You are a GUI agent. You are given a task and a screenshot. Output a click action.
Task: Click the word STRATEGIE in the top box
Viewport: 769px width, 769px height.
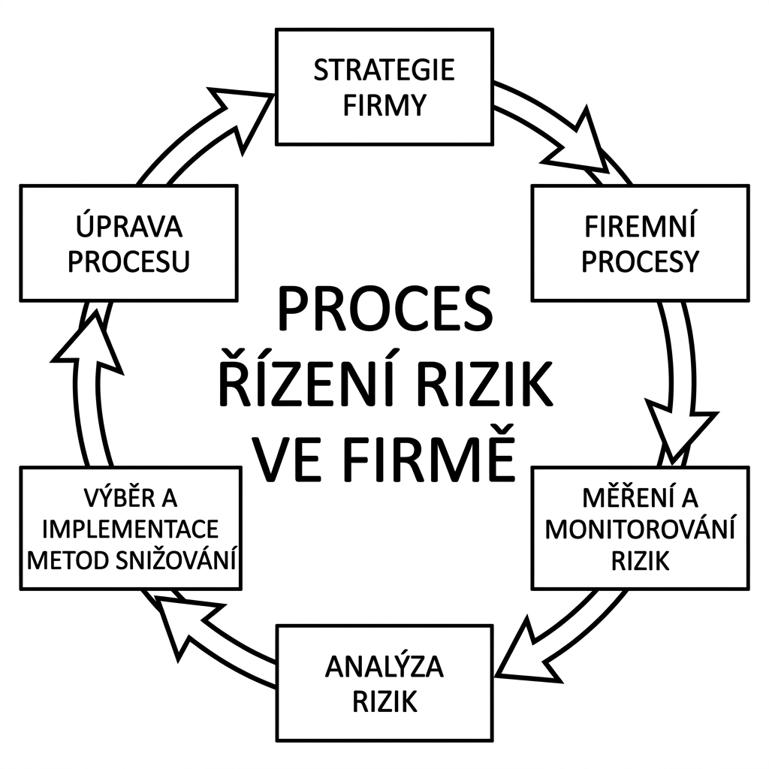point(384,70)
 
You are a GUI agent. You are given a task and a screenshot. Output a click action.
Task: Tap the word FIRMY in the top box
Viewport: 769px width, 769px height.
point(384,105)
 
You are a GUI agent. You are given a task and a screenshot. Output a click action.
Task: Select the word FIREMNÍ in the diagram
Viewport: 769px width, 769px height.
point(640,226)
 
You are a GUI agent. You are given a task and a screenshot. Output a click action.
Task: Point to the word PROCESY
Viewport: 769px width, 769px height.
point(640,261)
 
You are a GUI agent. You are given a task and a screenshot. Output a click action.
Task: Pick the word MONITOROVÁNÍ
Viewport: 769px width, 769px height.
point(640,529)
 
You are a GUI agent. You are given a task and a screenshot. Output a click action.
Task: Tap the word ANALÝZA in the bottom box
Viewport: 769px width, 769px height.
point(384,667)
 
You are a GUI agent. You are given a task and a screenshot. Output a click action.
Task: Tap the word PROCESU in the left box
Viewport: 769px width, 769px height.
point(128,261)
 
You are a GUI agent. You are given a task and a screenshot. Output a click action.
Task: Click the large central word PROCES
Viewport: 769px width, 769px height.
point(384,310)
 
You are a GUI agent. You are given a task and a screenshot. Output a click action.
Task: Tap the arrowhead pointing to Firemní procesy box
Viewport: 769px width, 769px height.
point(582,146)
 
